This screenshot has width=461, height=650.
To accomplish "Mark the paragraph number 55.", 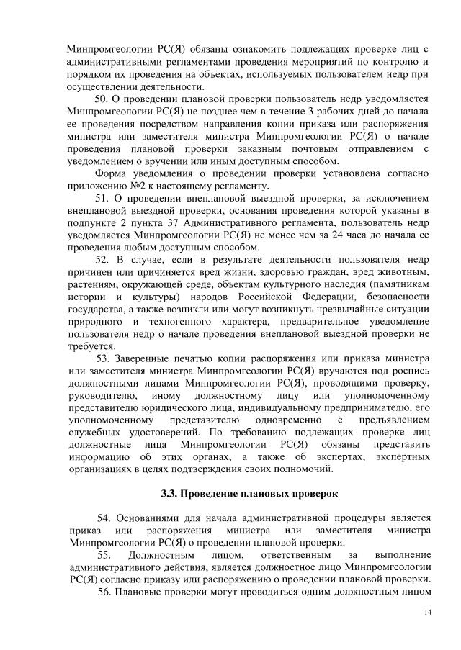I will tap(104, 555).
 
